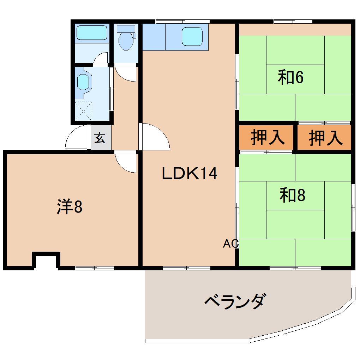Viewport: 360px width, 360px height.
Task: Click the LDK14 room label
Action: point(190,173)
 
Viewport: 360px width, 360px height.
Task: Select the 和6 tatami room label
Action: point(291,77)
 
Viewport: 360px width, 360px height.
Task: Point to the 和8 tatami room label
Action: point(292,196)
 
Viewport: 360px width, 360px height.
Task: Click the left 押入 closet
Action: point(266,137)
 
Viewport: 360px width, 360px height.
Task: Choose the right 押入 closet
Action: point(324,138)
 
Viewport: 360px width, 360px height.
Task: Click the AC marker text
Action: point(231,244)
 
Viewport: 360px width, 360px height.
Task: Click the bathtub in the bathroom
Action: point(92,32)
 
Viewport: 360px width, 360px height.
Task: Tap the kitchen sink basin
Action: point(192,36)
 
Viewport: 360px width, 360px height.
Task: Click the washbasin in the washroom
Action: point(83,82)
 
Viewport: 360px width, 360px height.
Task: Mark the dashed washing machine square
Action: point(84,111)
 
